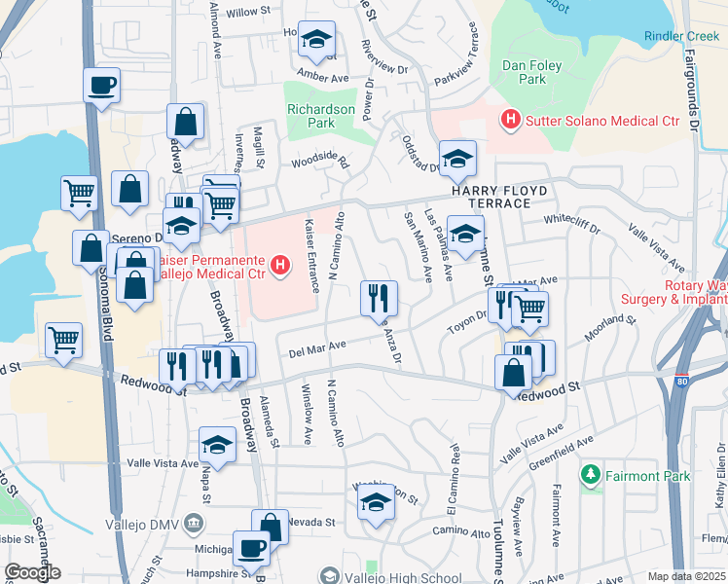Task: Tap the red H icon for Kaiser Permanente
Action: (281, 264)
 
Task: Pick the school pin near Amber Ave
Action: (316, 40)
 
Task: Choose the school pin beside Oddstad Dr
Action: (457, 159)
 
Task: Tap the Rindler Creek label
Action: (680, 36)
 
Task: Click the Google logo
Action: (32, 572)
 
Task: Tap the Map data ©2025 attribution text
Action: (686, 576)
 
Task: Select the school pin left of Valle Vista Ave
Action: (217, 445)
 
